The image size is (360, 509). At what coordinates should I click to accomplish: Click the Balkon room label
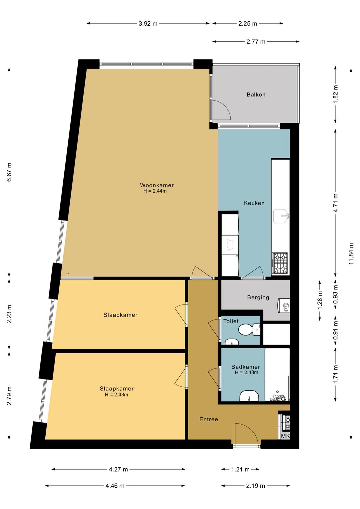pyautogui.click(x=256, y=94)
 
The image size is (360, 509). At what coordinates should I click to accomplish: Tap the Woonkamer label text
pyautogui.click(x=157, y=185)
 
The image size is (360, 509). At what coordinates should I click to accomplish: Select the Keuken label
pyautogui.click(x=254, y=203)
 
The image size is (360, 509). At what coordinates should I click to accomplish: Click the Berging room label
pyautogui.click(x=258, y=297)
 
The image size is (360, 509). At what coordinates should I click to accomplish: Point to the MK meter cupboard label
pyautogui.click(x=285, y=436)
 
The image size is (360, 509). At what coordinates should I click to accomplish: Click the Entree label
pyautogui.click(x=209, y=420)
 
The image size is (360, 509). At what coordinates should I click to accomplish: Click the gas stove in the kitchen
pyautogui.click(x=280, y=264)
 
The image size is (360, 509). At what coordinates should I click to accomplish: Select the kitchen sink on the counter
pyautogui.click(x=281, y=216)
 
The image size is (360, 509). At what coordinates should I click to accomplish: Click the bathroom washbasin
pyautogui.click(x=249, y=396)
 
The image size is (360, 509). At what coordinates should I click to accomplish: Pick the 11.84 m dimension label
pyautogui.click(x=351, y=253)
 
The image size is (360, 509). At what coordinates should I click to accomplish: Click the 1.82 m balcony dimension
pyautogui.click(x=335, y=94)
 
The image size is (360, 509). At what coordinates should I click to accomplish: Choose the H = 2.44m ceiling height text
pyautogui.click(x=155, y=191)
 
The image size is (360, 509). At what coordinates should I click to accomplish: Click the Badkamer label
pyautogui.click(x=246, y=367)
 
